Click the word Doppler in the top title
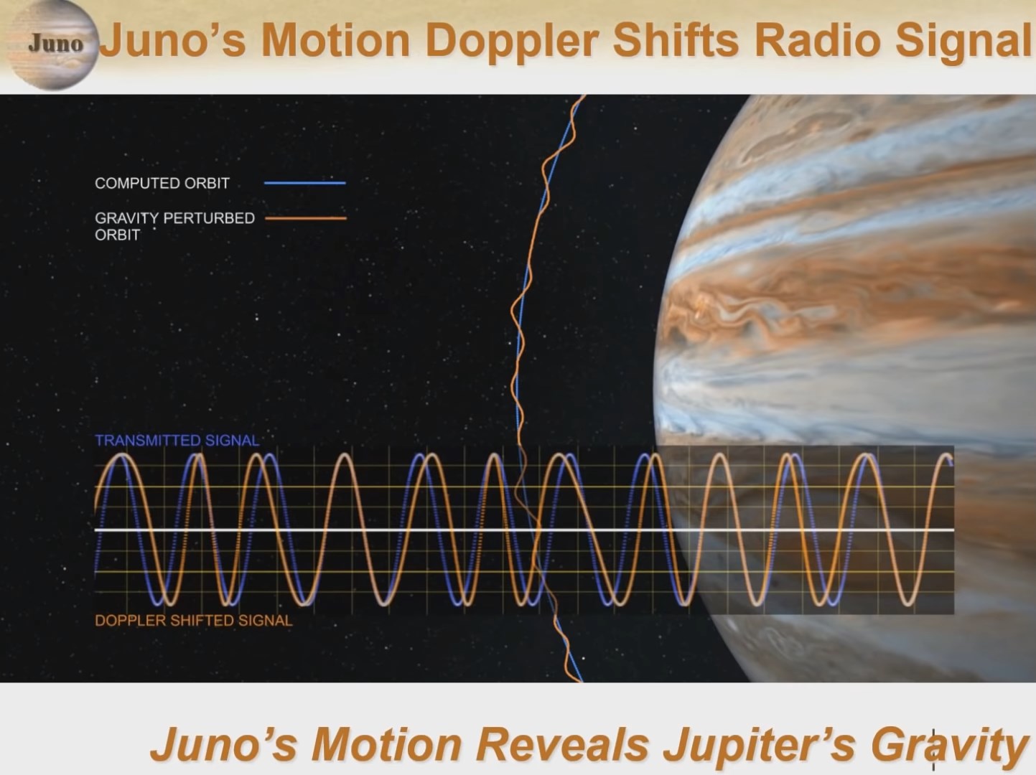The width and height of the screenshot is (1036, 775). pos(512,42)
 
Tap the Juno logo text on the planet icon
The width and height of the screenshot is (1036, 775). pos(56,44)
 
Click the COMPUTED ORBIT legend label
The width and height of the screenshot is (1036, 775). pos(162,183)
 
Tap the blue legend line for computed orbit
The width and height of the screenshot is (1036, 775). pos(305,183)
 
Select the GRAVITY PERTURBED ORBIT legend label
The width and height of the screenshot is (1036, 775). pos(174,227)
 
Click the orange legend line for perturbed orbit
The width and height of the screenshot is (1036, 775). pos(306,218)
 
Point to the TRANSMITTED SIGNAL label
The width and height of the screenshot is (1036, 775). pos(177,441)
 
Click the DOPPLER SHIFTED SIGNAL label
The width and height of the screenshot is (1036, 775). pos(194,620)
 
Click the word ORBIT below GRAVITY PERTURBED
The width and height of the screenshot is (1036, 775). pos(117,235)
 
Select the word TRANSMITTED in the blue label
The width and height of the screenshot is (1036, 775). pos(141,441)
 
